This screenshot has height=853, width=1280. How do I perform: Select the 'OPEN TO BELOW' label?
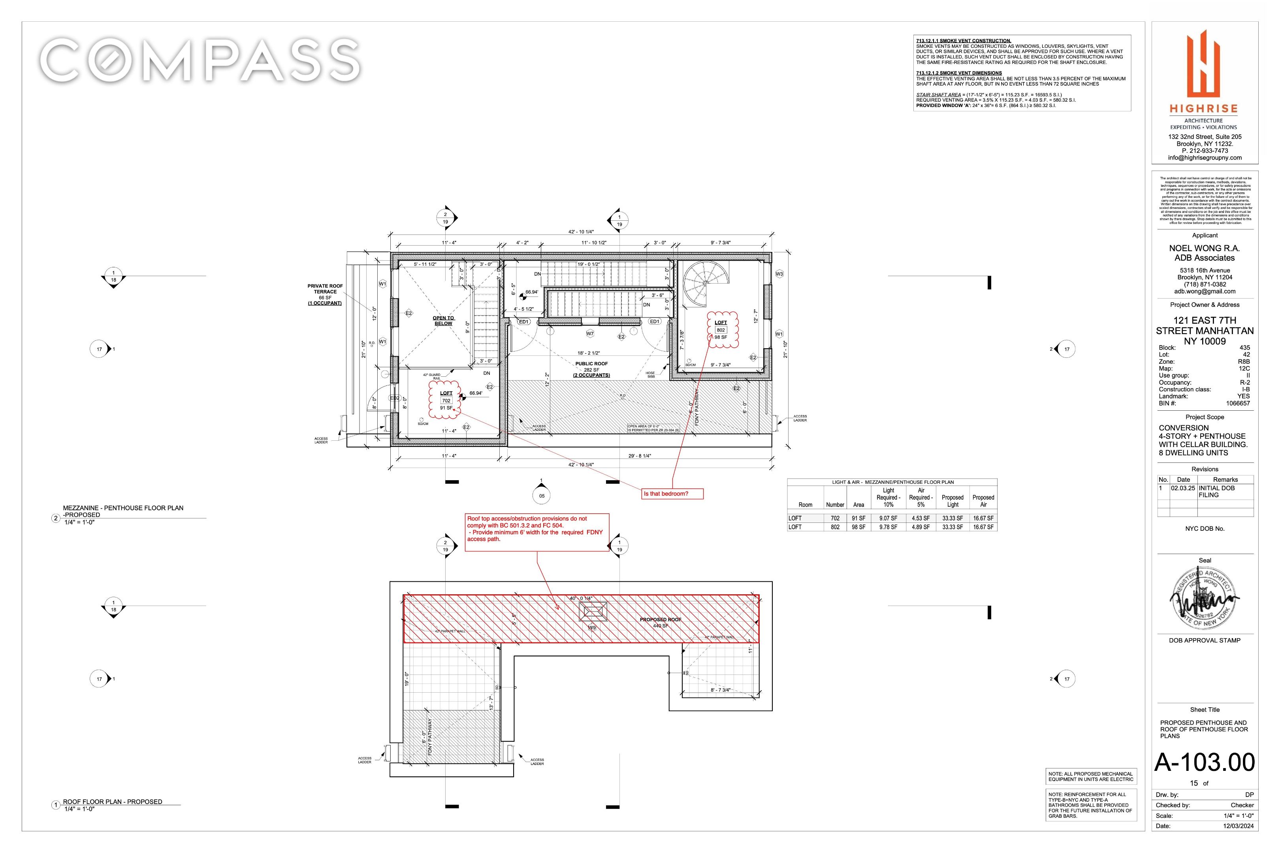443,321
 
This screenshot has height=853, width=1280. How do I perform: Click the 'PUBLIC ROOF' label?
591,363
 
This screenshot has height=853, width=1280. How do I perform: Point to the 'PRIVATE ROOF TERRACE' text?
325,289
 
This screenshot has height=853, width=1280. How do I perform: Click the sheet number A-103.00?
1205,762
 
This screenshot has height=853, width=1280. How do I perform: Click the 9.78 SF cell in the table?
888,527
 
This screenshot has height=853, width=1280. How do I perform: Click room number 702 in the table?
835,519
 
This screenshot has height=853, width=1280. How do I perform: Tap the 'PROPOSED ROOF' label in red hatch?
660,620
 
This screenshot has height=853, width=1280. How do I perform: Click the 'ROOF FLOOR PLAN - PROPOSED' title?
112,802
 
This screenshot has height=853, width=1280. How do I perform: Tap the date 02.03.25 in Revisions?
1183,489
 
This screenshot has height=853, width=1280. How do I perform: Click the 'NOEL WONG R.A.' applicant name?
1204,248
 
